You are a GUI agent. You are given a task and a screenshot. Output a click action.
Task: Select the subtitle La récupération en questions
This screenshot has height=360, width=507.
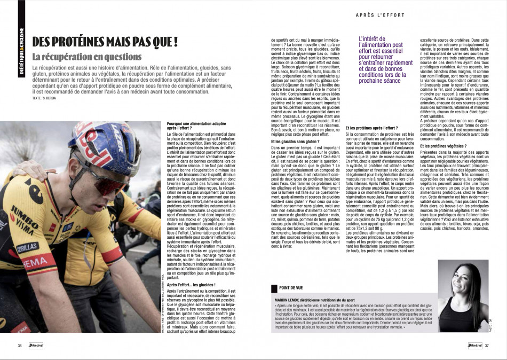click(x=87, y=57)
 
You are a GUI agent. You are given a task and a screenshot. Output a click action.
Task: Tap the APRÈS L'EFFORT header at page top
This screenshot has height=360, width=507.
click(x=378, y=14)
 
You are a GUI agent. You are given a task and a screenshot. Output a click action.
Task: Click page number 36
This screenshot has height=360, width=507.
click(x=20, y=346)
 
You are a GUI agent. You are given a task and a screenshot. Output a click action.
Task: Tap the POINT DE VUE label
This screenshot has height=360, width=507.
click(x=293, y=288)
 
